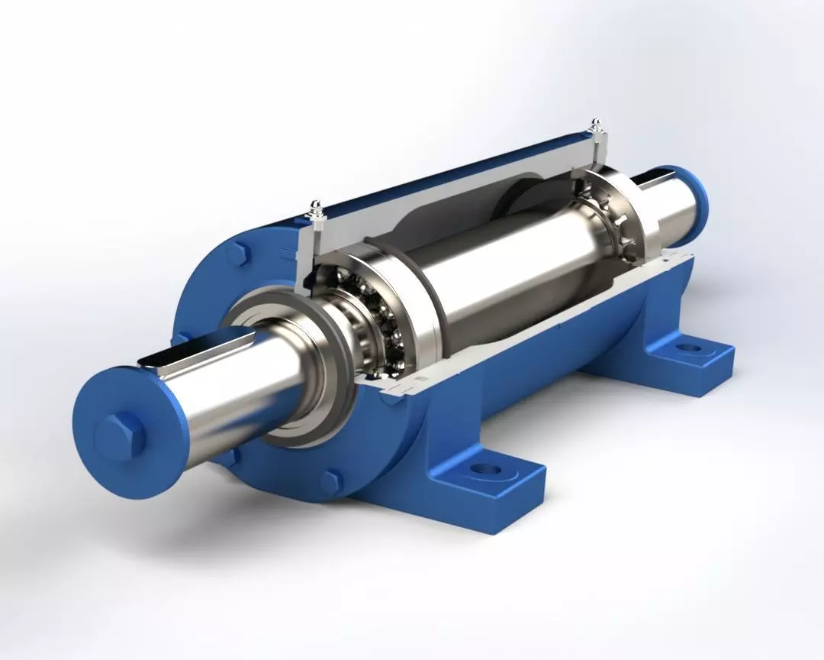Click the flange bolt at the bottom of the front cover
click(x=330, y=482)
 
